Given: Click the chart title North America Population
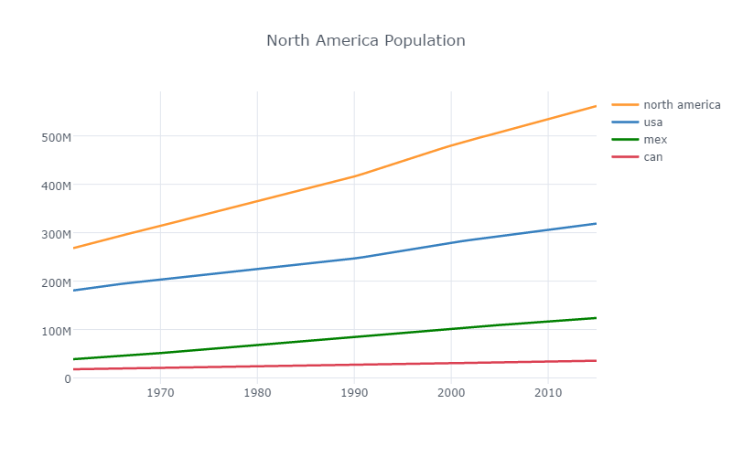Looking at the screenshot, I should click(365, 41).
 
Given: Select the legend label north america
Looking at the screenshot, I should click(682, 105).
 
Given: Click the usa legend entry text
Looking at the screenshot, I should click(653, 122).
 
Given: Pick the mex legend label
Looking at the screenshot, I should click(655, 140).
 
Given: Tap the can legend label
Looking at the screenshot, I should click(653, 157).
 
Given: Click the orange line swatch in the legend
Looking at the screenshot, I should click(625, 105).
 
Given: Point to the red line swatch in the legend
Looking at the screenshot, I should click(625, 157).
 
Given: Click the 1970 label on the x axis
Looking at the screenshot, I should click(160, 393).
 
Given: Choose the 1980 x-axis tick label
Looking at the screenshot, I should click(257, 393).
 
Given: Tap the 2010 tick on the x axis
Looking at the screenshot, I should click(548, 393).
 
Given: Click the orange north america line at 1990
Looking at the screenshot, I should click(354, 175).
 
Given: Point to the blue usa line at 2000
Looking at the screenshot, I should click(451, 242).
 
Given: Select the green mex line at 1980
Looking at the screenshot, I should click(257, 345).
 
